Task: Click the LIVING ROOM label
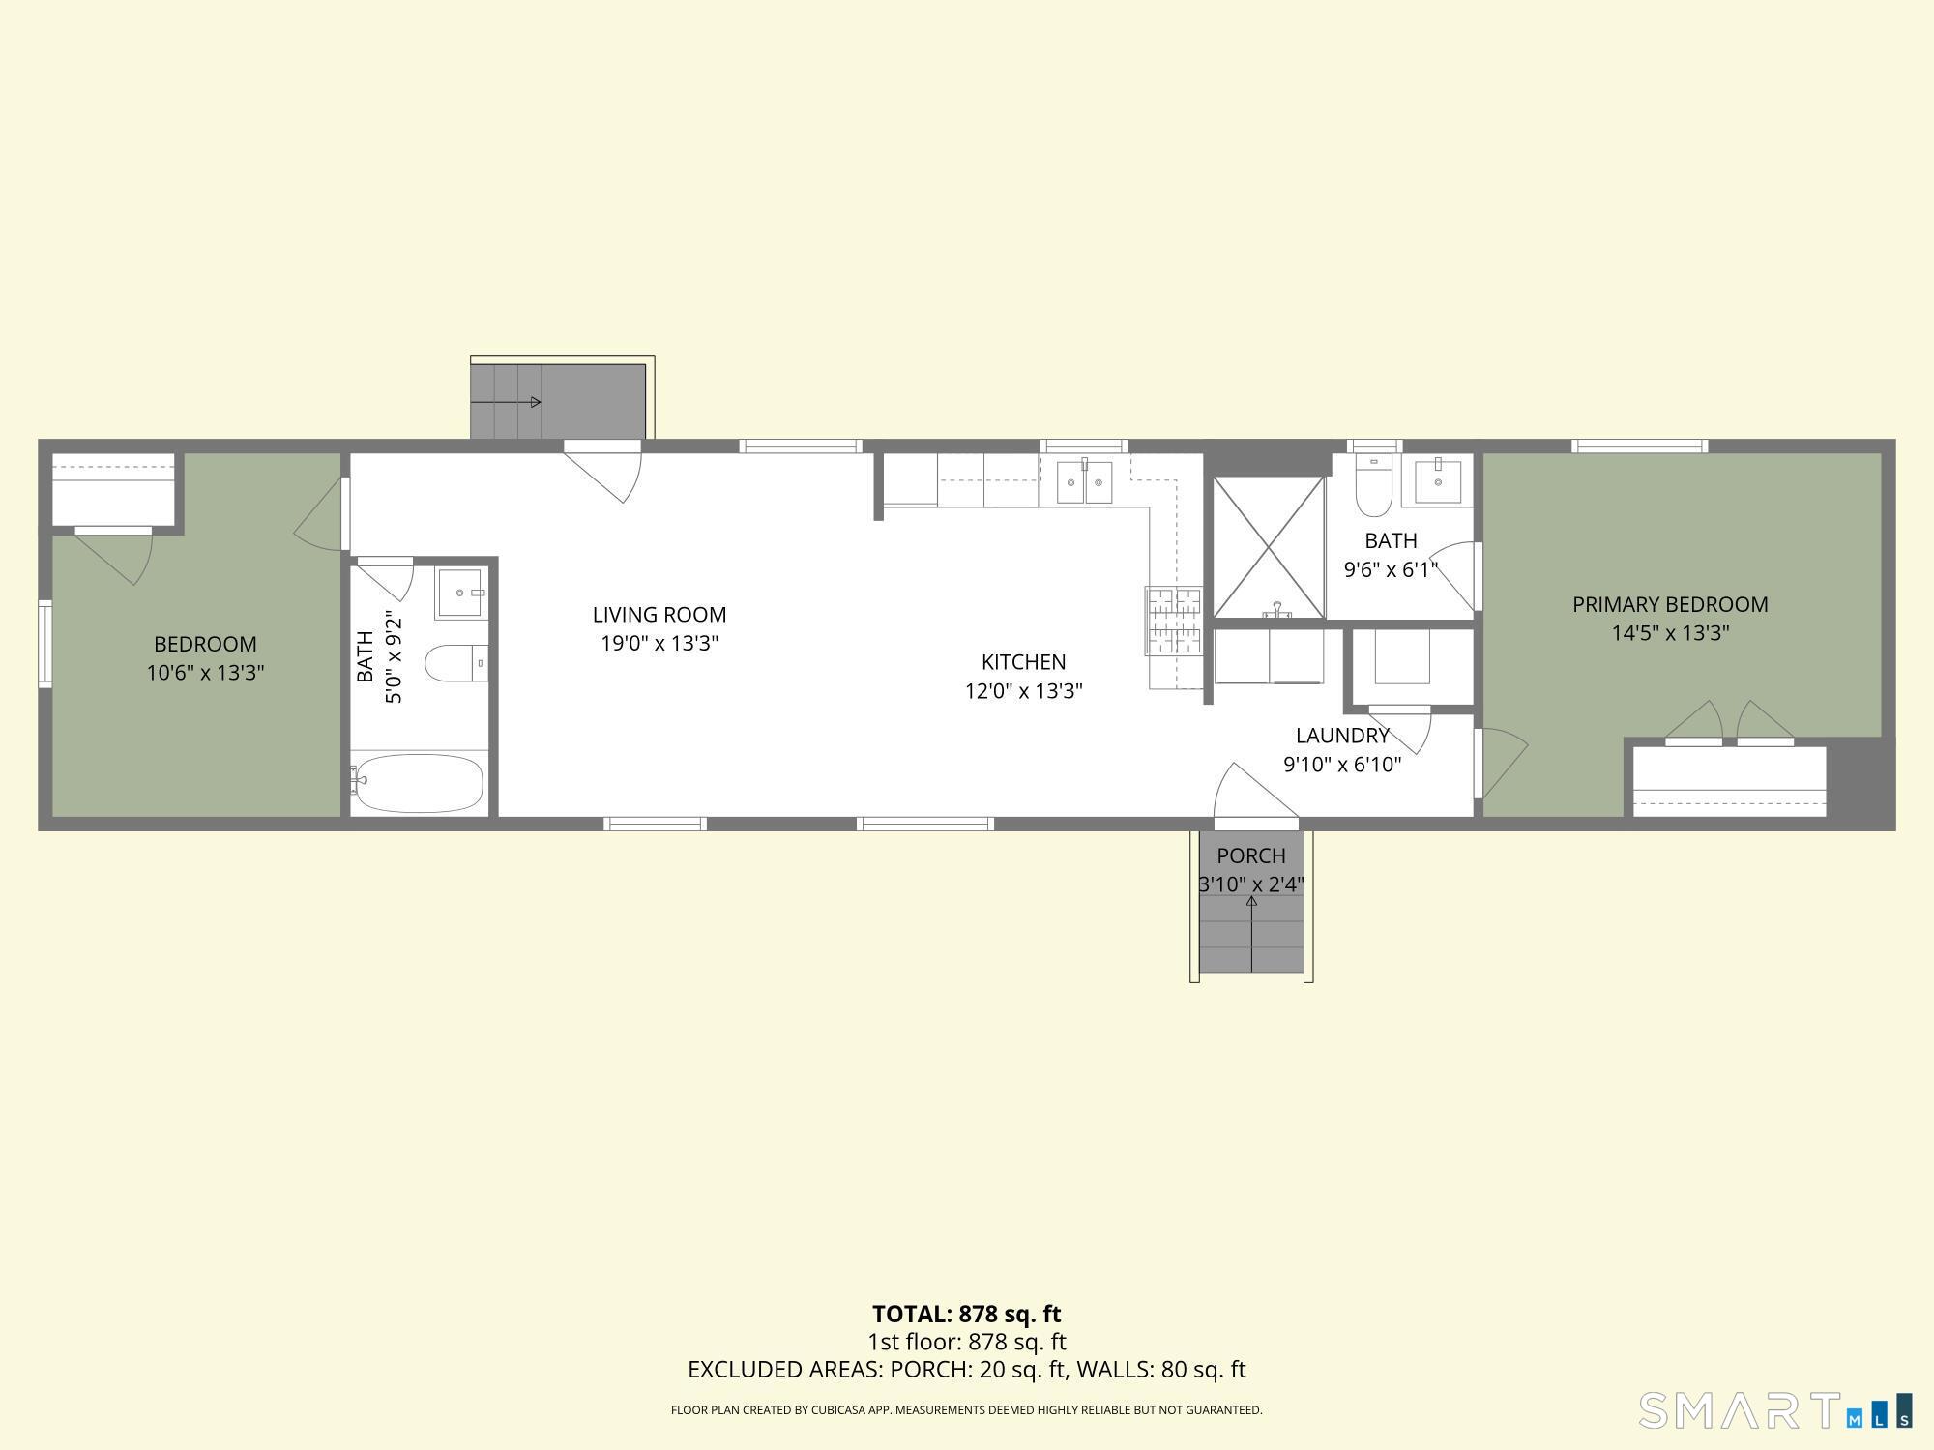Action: (659, 615)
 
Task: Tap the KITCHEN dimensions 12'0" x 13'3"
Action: (1023, 691)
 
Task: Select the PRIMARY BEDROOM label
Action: (1670, 604)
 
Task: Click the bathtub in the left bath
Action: (419, 783)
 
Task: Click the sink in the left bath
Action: (461, 593)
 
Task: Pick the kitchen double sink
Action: (1084, 481)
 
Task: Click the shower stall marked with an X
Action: (1269, 547)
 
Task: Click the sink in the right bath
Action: (1439, 481)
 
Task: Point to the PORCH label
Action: (1251, 855)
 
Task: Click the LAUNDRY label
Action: (1342, 736)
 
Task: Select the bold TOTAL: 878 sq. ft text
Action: (966, 1314)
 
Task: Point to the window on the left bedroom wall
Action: (44, 644)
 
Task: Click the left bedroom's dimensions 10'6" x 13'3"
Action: (205, 673)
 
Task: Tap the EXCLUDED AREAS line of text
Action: (966, 1370)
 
